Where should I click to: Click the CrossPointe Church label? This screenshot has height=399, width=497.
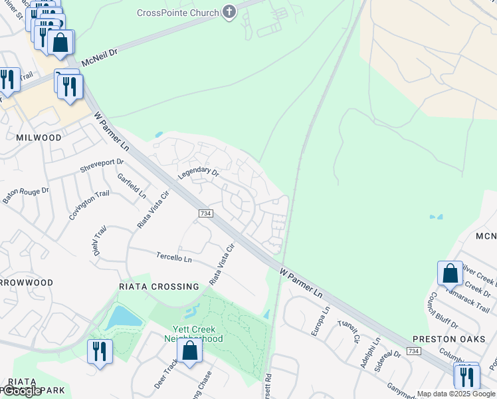(178, 13)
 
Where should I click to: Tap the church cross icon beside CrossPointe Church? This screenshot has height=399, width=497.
(229, 12)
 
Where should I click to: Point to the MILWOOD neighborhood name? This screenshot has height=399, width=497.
(38, 138)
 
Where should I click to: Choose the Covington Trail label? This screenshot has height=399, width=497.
(89, 205)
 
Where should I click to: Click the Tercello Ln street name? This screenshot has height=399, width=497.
(173, 257)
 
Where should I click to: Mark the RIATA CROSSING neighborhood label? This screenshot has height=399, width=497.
(159, 287)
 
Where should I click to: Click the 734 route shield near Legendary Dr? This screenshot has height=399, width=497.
(205, 213)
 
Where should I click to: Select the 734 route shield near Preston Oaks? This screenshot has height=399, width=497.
(413, 351)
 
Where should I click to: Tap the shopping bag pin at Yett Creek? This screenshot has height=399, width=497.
(190, 352)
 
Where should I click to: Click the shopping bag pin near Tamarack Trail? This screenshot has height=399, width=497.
(450, 273)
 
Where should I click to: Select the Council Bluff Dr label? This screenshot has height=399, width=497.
(443, 311)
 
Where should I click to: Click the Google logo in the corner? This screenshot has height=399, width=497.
(22, 391)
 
